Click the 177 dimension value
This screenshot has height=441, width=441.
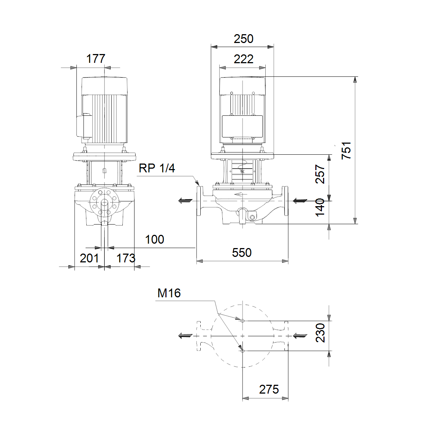point(96,58)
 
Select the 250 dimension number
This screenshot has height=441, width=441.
point(244,39)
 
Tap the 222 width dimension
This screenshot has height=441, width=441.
point(244,59)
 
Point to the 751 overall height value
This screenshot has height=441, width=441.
point(346,150)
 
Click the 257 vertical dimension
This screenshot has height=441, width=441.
point(320,174)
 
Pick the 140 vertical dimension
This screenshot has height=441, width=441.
point(320,207)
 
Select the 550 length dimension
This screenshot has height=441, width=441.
point(242,252)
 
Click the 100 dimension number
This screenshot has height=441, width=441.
point(154,239)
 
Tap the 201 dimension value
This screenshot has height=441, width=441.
point(89,258)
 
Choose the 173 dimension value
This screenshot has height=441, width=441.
point(126,258)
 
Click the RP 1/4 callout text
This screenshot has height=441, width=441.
point(157,168)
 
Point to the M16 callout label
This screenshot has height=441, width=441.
point(169,293)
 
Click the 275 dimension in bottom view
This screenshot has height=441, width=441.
point(269,389)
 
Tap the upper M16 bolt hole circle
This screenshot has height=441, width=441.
point(243,321)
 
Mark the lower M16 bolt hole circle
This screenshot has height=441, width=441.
point(243,351)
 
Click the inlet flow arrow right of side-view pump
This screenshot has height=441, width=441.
point(300,201)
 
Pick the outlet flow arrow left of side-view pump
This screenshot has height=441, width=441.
point(185,201)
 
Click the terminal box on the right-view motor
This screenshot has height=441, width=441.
point(242,126)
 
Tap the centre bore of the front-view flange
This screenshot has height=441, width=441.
point(104,203)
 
